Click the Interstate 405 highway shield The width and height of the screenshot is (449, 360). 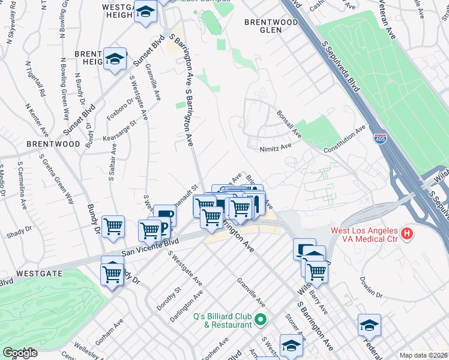379,139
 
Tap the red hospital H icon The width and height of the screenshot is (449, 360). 408,233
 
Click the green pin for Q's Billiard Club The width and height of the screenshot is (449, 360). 260,319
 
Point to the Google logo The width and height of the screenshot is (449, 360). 19,353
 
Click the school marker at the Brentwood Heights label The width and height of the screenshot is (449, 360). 115,59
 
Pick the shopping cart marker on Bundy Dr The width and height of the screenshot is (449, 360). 113,227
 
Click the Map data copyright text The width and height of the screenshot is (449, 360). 424,355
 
